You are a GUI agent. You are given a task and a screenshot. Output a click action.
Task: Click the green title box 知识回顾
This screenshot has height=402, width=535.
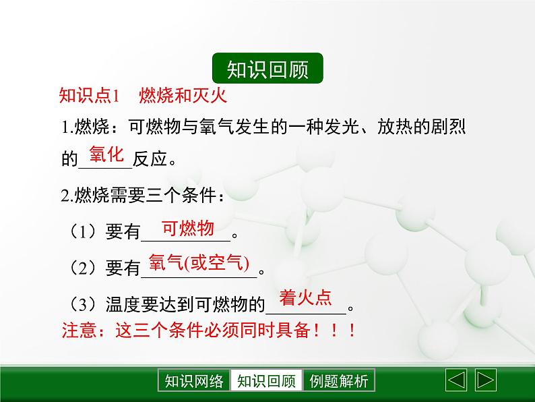click(267, 68)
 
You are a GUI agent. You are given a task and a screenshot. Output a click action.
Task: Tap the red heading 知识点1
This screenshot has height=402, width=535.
click(89, 95)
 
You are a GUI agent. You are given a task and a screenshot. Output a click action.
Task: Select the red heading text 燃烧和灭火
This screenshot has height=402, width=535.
click(183, 95)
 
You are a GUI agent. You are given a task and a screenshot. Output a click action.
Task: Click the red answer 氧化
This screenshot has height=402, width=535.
click(106, 154)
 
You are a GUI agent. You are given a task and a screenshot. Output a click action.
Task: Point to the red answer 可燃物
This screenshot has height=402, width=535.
click(188, 228)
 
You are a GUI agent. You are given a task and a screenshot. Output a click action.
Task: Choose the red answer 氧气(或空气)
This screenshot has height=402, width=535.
click(199, 263)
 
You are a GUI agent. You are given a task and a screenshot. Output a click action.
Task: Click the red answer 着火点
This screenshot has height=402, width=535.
click(305, 297)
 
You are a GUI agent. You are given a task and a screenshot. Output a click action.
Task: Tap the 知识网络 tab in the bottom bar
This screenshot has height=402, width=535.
click(194, 380)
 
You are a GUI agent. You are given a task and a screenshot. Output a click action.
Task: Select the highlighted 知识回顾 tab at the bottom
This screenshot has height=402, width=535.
click(266, 380)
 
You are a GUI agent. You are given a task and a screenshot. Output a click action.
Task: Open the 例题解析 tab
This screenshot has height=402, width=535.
click(338, 380)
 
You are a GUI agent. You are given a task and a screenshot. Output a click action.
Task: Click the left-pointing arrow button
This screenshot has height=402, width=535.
click(456, 380)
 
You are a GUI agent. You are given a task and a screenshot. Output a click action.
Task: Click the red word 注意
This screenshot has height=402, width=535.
click(79, 331)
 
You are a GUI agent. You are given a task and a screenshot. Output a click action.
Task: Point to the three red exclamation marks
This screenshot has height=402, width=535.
click(334, 331)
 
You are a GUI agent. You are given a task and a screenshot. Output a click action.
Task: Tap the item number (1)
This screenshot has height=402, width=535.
click(84, 231)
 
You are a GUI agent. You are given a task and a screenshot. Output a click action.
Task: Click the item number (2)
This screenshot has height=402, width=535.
click(84, 268)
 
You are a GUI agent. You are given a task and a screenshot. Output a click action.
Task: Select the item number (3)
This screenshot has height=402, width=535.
click(84, 304)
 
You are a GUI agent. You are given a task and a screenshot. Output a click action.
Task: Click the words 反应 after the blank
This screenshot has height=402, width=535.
click(150, 159)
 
